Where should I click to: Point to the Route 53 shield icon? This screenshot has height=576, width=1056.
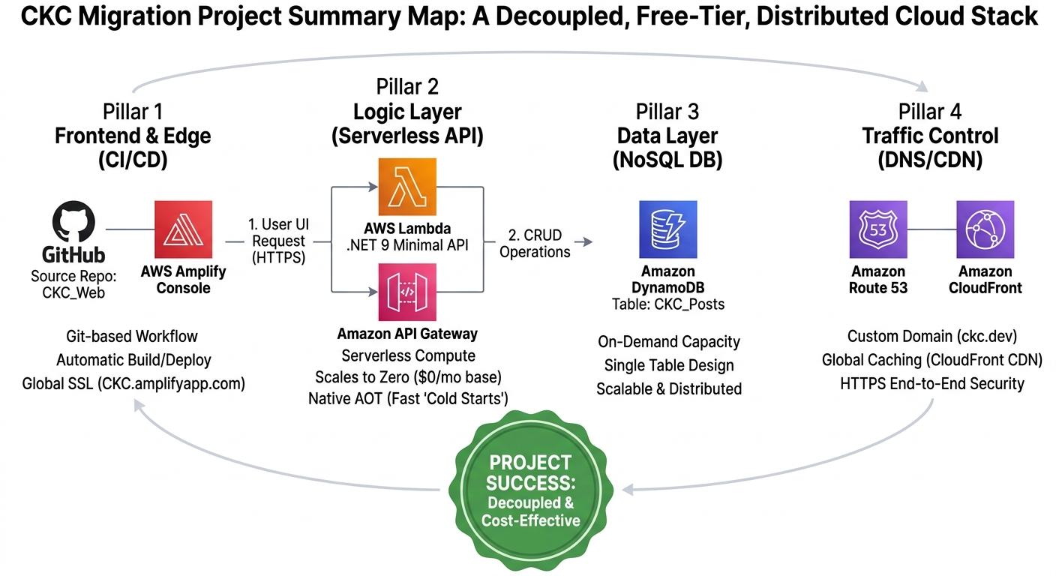(878, 229)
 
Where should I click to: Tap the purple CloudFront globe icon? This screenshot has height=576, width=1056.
(985, 229)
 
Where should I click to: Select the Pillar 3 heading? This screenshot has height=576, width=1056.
(667, 112)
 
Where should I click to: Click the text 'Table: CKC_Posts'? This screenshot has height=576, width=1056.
(667, 304)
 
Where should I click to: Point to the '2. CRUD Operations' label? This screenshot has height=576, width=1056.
(535, 244)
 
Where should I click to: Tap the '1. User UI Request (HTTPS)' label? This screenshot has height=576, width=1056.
(279, 241)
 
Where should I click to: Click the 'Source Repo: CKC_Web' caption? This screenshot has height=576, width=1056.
(73, 284)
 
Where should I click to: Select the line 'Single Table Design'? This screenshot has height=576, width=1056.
(669, 366)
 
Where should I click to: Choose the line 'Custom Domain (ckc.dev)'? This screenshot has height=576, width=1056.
(932, 336)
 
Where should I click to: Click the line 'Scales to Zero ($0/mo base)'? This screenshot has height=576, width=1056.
(408, 376)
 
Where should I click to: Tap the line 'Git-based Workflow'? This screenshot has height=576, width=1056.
(132, 337)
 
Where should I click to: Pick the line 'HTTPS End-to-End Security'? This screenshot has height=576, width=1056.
(932, 383)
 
